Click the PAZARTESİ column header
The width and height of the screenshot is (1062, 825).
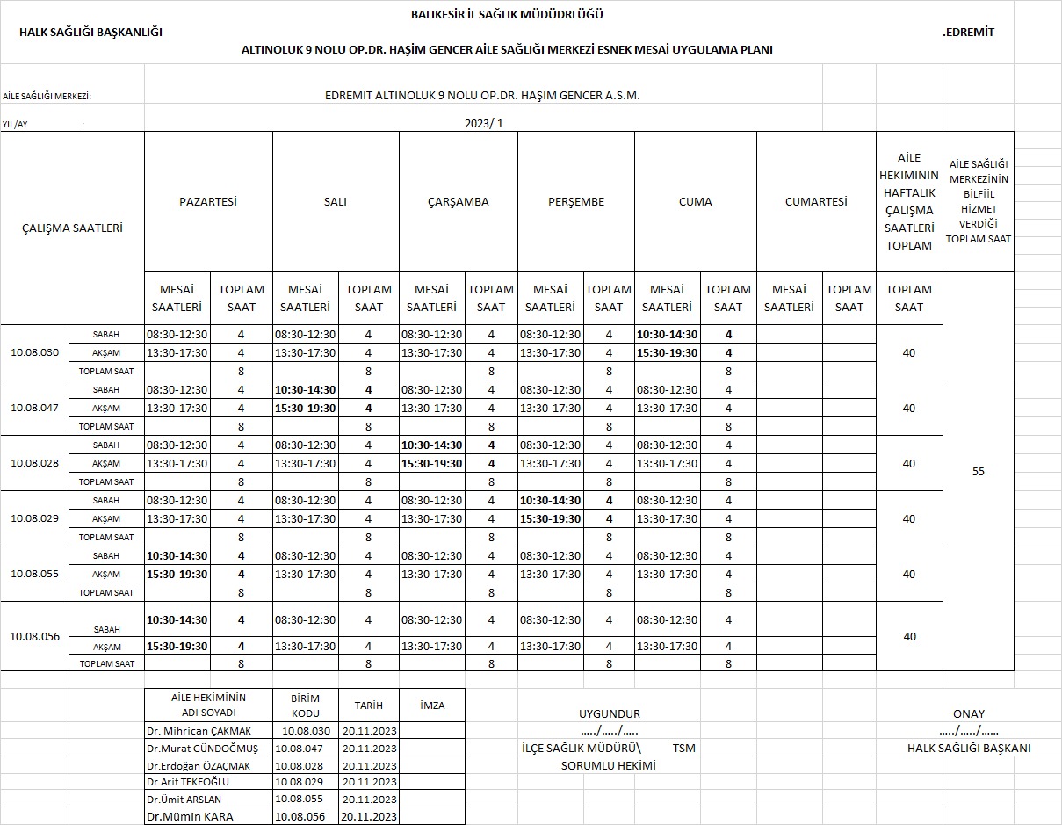click(x=208, y=201)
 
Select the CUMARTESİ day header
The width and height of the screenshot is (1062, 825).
click(x=816, y=201)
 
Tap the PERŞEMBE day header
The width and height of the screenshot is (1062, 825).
click(x=576, y=201)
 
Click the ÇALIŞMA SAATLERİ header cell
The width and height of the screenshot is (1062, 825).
click(x=72, y=228)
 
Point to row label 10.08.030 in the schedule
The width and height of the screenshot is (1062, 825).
click(x=35, y=352)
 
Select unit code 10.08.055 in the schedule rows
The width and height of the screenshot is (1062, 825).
click(x=35, y=574)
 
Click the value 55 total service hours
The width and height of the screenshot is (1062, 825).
click(x=979, y=472)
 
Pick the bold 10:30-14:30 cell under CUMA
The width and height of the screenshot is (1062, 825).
click(x=667, y=334)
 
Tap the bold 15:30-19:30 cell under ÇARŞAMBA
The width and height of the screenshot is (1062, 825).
click(x=431, y=463)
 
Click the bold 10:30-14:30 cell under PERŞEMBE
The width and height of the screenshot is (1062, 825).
click(x=550, y=500)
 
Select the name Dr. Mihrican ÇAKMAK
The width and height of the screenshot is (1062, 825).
click(x=199, y=731)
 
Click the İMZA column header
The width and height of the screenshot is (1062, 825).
click(x=432, y=705)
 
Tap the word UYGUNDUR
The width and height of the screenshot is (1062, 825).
click(x=610, y=713)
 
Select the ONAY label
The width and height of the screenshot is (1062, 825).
click(x=969, y=713)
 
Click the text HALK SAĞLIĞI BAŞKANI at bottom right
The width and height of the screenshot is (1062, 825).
click(x=969, y=748)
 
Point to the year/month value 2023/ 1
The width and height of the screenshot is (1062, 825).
click(x=484, y=124)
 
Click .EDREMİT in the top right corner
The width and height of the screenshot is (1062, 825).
click(x=968, y=33)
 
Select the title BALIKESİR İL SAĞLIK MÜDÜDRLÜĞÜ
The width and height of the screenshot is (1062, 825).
click(x=507, y=14)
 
